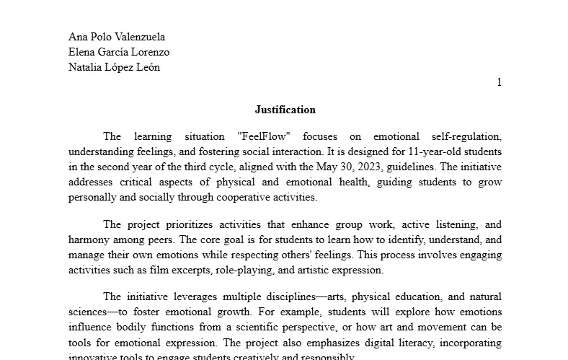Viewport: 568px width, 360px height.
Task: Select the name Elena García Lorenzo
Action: pyautogui.click(x=119, y=52)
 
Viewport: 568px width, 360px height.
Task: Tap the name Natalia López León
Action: pyautogui.click(x=114, y=67)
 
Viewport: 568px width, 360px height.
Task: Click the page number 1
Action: pyautogui.click(x=499, y=82)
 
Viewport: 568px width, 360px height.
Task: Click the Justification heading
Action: pyautogui.click(x=285, y=110)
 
